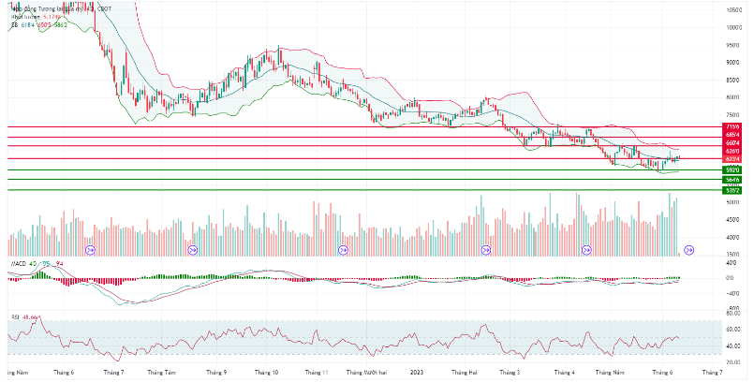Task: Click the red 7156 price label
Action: (x=732, y=126)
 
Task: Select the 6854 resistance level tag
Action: (x=732, y=135)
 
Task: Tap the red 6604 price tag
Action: (x=732, y=143)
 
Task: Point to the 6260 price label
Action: (x=732, y=152)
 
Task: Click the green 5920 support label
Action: (x=732, y=170)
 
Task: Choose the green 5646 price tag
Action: (x=732, y=179)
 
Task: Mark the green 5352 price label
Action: (x=732, y=190)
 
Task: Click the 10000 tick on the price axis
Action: (x=734, y=27)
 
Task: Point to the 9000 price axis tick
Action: (x=734, y=62)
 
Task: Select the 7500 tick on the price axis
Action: (x=734, y=114)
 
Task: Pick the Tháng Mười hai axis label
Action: (x=368, y=371)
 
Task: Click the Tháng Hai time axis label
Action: (x=465, y=371)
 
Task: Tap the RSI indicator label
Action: (x=15, y=316)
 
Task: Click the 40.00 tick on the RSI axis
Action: (x=735, y=345)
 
